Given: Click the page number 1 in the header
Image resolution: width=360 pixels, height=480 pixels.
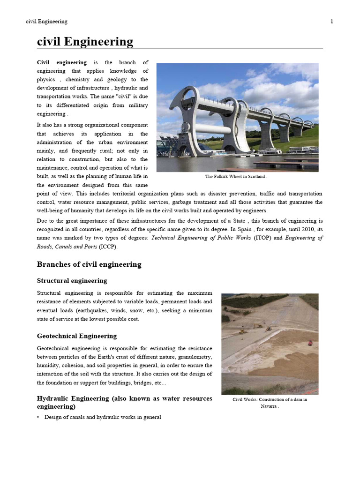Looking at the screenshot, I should click(x=332, y=22).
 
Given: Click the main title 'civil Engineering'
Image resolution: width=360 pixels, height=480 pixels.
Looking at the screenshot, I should click(x=85, y=42).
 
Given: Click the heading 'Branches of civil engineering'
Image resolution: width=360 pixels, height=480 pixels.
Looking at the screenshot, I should click(x=89, y=264).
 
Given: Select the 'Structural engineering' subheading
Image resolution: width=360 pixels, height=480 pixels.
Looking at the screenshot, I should click(x=72, y=281).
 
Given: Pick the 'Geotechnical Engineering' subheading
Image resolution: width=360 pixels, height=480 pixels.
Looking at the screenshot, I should click(x=77, y=336).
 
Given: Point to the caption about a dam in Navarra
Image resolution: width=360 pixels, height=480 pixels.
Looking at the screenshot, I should click(x=270, y=403).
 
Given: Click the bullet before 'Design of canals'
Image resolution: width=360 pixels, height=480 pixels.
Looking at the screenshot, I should click(x=38, y=417).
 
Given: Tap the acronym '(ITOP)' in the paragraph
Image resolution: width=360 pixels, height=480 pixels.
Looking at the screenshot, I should click(x=262, y=238).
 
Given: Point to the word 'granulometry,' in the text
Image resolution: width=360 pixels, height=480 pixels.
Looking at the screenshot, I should click(x=192, y=357).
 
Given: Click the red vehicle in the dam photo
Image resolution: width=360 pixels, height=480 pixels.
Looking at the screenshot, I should click(x=310, y=343).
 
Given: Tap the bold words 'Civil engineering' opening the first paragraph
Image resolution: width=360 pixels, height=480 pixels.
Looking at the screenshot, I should click(x=62, y=62).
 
